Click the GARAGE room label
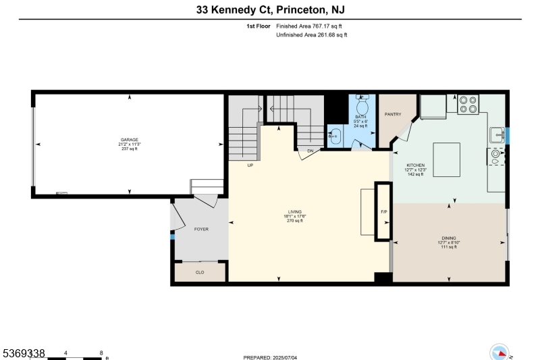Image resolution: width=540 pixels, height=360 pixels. pyautogui.click(x=129, y=140)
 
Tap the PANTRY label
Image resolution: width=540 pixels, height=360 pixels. pyautogui.click(x=393, y=114)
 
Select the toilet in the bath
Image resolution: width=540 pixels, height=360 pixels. pyautogui.click(x=360, y=106)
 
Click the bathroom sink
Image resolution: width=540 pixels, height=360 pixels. pyautogui.click(x=333, y=135)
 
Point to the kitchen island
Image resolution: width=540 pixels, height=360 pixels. pyautogui.click(x=447, y=159)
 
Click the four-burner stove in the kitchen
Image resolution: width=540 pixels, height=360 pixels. pyautogui.click(x=468, y=104)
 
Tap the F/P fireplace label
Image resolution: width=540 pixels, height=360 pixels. pyautogui.click(x=383, y=212)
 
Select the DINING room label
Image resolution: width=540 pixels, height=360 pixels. pyautogui.click(x=449, y=238)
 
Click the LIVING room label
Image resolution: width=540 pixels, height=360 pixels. pyautogui.click(x=294, y=212)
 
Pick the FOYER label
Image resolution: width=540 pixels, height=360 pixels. pyautogui.click(x=201, y=230)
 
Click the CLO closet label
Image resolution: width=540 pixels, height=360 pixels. pyautogui.click(x=200, y=272)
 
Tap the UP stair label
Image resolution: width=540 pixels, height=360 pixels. pyautogui.click(x=250, y=165)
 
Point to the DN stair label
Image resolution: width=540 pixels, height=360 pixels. pyautogui.click(x=310, y=151)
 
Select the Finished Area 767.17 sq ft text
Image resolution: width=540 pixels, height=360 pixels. pyautogui.click(x=311, y=26)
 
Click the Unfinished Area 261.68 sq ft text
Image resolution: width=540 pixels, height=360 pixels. pyautogui.click(x=311, y=34)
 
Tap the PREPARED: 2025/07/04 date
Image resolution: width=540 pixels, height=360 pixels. pyautogui.click(x=270, y=357)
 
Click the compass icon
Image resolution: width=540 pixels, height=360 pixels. pyautogui.click(x=499, y=353)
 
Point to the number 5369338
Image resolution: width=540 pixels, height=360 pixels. pyautogui.click(x=23, y=353)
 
